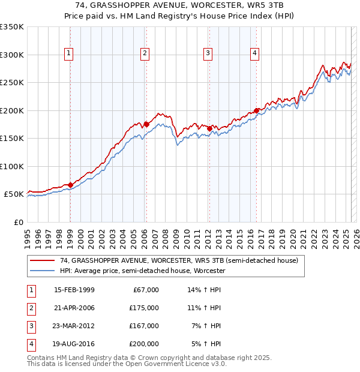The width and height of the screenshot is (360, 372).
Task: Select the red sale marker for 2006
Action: coord(146,124)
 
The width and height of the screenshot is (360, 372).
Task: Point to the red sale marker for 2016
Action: coord(256,110)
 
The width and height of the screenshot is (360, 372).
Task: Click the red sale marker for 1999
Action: coord(70,185)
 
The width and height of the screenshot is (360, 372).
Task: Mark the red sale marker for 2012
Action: coord(209,128)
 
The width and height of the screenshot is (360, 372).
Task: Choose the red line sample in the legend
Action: coord(43,261)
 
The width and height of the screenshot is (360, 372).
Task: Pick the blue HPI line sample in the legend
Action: coord(43,271)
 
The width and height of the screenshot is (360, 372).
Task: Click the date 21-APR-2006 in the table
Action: coord(74,308)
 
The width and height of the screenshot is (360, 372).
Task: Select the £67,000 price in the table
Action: coord(146,290)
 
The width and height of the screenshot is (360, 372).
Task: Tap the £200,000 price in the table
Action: coord(144,344)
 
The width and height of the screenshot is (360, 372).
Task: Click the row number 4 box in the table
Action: coord(29,344)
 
